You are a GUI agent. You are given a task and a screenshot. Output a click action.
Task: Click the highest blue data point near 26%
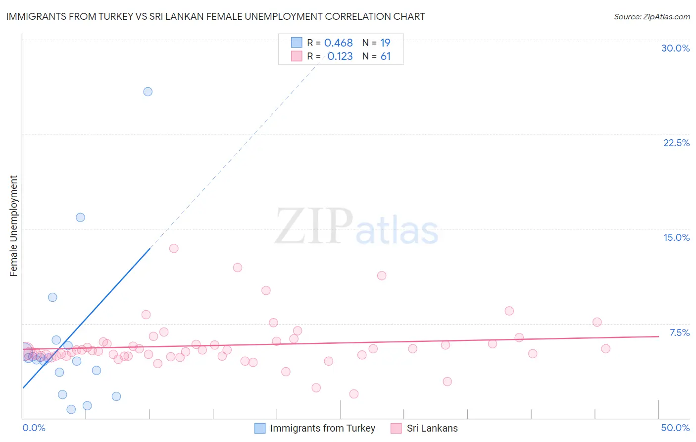[148, 92]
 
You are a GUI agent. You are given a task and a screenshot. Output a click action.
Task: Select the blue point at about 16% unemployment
[80, 218]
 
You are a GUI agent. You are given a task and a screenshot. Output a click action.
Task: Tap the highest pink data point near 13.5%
[174, 248]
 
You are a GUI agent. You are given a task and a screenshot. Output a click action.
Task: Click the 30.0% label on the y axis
[675, 48]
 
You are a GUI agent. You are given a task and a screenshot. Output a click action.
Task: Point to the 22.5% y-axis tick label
[676, 143]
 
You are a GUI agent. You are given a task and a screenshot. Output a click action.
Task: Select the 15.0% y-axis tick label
[676, 237]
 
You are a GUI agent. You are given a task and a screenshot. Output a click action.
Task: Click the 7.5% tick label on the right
[679, 332]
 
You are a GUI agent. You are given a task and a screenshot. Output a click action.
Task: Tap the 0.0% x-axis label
[34, 428]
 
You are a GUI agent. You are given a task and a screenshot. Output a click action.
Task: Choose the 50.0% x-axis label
[675, 428]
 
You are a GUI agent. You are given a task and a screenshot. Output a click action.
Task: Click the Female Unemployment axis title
[13, 226]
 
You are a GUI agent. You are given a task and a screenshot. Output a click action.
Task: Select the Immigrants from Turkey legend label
[322, 428]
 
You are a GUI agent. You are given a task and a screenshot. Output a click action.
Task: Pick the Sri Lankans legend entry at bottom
[432, 428]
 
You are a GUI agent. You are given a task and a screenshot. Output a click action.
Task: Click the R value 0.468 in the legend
[339, 43]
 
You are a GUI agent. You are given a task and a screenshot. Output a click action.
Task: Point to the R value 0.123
[340, 56]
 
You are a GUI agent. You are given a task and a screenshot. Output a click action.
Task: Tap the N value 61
[386, 56]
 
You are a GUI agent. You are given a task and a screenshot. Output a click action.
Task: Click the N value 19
[385, 43]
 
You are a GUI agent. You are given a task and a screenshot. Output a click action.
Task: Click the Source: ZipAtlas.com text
[651, 16]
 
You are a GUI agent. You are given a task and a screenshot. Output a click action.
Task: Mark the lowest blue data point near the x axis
[71, 409]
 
